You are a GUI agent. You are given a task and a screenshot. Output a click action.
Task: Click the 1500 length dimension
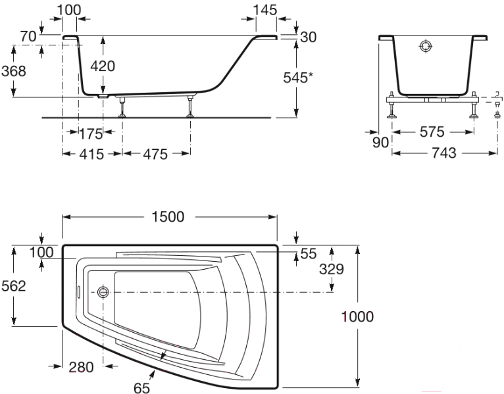[168, 217]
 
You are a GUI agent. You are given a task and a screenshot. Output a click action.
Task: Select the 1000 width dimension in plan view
[357, 316]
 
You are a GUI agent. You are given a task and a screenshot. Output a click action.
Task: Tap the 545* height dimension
[298, 78]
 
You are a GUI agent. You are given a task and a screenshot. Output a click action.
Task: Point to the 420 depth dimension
[103, 66]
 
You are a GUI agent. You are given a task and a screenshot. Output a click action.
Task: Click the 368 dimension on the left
[14, 70]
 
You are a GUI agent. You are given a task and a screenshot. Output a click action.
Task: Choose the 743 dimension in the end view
[444, 153]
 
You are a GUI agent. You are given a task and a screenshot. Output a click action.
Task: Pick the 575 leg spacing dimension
[432, 132]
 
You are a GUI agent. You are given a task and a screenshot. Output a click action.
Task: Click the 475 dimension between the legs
[155, 155]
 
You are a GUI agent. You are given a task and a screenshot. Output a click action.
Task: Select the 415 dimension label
[92, 155]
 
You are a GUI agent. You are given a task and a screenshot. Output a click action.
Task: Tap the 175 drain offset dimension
[91, 134]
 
